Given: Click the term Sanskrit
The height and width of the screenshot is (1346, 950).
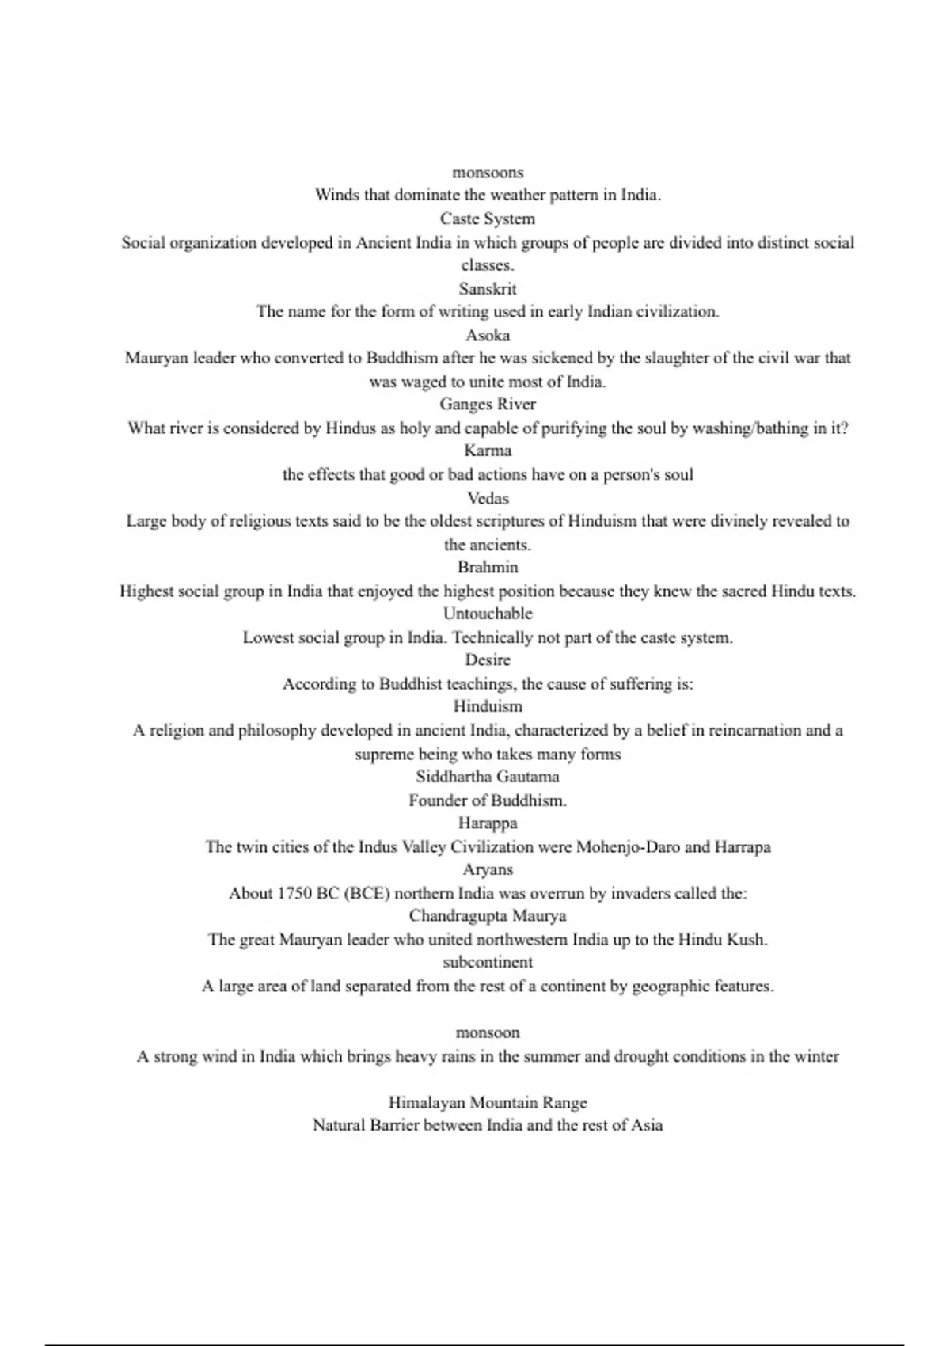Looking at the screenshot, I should [488, 289].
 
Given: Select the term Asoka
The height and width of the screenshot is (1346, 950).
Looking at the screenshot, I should [488, 335].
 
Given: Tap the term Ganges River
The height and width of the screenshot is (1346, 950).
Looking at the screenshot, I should [488, 405].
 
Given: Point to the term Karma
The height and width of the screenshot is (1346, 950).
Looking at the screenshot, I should [488, 451].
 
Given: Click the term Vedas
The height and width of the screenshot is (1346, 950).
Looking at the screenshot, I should [488, 498].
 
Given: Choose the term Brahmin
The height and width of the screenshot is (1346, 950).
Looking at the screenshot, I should [488, 567].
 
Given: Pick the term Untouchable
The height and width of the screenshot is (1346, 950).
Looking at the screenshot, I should [488, 614].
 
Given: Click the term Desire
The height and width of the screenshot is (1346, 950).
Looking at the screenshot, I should [488, 660].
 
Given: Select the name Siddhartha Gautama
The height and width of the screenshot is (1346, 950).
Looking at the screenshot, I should [488, 777].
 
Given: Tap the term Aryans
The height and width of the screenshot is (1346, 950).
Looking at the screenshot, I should [488, 869].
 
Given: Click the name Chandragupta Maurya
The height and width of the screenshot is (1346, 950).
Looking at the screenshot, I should [488, 916].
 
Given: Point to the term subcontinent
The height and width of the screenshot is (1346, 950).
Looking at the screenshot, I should [488, 962].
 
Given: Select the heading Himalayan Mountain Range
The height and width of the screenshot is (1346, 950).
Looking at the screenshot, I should [488, 1102].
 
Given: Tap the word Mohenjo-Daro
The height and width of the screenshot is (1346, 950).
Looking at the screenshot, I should [628, 847].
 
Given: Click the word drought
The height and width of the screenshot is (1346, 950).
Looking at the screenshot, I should [641, 1056].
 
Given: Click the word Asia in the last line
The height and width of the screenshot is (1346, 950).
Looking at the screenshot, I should [646, 1125].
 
